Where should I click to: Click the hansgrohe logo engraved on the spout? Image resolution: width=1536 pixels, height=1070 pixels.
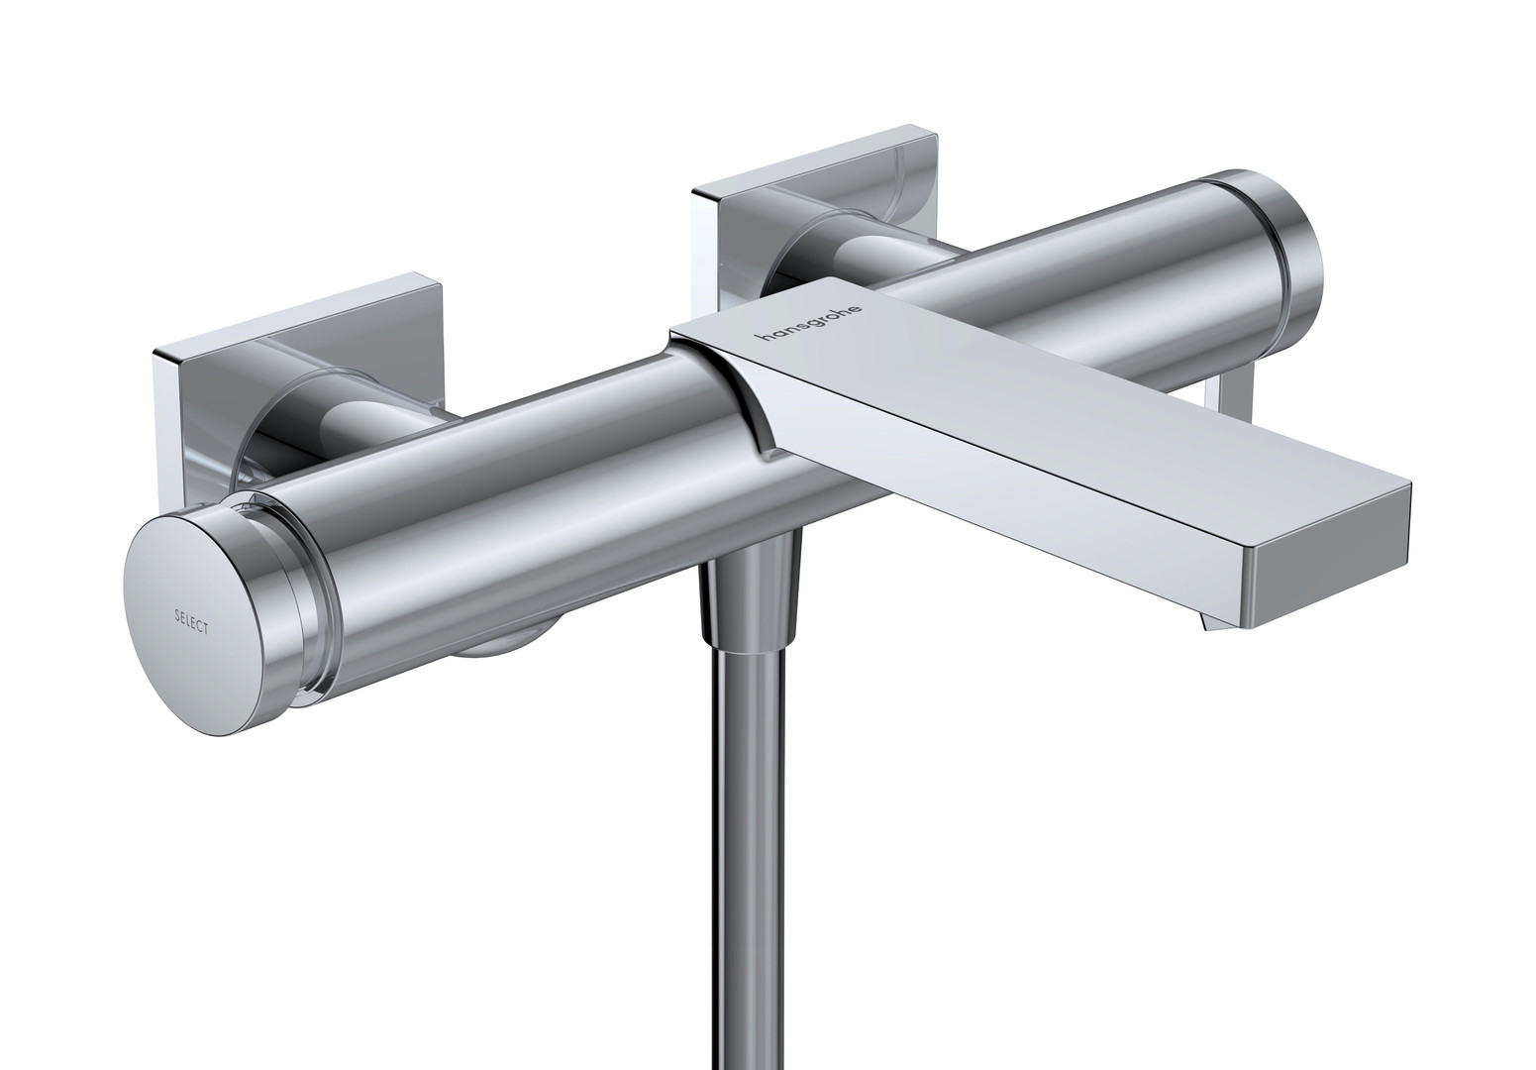809,321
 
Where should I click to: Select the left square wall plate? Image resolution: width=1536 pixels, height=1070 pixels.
298,384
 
